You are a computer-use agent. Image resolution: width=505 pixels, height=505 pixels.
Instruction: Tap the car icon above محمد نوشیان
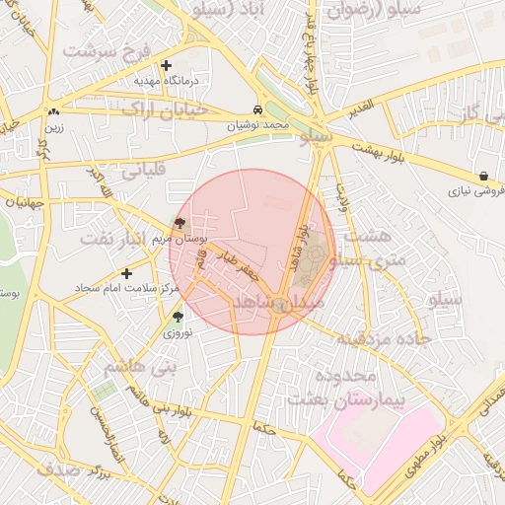257,109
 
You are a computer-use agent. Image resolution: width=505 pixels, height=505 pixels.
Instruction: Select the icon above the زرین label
51,111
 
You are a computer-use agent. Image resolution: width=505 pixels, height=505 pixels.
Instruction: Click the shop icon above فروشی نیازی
483,176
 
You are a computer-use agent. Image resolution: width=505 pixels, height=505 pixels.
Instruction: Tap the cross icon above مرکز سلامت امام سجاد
125,273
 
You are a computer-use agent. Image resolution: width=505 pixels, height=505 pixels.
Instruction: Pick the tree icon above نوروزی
178,317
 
